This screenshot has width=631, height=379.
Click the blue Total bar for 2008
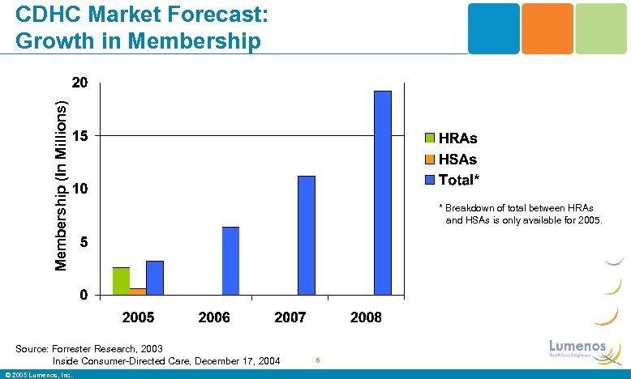pyautogui.click(x=382, y=193)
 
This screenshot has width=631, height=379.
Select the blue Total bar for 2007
pyautogui.click(x=306, y=235)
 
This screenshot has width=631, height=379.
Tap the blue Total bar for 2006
pyautogui.click(x=230, y=261)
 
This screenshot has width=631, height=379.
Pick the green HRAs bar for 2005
pyautogui.click(x=121, y=280)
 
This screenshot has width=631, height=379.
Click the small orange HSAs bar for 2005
pyautogui.click(x=138, y=291)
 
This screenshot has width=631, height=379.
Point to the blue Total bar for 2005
pyautogui.click(x=155, y=278)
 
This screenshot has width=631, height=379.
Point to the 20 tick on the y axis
pyautogui.click(x=79, y=83)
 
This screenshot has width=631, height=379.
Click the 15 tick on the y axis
pyautogui.click(x=79, y=136)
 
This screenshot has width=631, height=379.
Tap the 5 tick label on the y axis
pyautogui.click(x=84, y=242)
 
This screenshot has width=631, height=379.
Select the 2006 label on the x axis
pyautogui.click(x=214, y=317)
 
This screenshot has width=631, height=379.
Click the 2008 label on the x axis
pyautogui.click(x=366, y=317)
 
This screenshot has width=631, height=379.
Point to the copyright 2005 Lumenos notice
pyautogui.click(x=38, y=375)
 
